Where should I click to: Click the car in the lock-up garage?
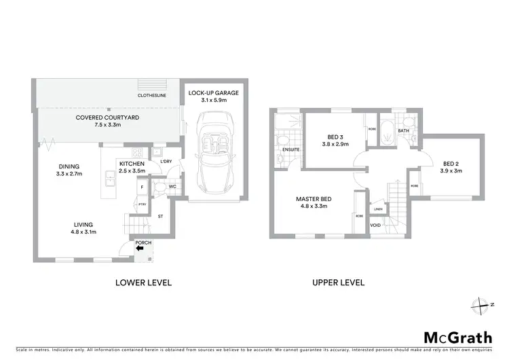pos(214,154)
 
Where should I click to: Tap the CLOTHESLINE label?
pos(152,96)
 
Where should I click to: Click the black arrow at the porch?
pos(140,249)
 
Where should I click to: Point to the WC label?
pos(173,185)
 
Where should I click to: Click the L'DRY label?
pos(166,161)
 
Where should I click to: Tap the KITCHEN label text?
pos(133,164)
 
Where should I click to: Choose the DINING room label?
pos(69,166)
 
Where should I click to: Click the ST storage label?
pos(160,217)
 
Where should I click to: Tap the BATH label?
pos(403,130)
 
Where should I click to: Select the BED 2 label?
pos(453,163)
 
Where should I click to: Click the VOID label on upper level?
pos(375,225)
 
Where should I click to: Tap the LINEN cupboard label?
pos(378,209)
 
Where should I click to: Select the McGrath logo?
pos(458,337)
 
